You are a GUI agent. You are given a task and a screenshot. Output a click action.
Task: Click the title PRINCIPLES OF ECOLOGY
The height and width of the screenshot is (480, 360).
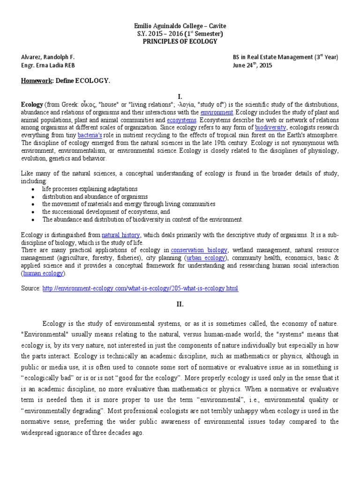click(x=180, y=41)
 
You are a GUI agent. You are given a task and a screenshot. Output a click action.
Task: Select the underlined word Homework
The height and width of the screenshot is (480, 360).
click(x=37, y=81)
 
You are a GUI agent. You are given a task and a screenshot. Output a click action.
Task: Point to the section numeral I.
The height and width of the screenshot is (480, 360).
click(x=180, y=96)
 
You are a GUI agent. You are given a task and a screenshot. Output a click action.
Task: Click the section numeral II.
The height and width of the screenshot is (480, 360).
click(x=180, y=304)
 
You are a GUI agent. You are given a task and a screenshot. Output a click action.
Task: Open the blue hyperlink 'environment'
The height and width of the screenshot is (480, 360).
click(x=217, y=112)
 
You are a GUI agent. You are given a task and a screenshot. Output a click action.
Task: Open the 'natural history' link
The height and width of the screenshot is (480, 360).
click(x=121, y=235)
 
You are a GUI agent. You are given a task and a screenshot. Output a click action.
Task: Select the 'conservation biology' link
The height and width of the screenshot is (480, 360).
click(x=199, y=250)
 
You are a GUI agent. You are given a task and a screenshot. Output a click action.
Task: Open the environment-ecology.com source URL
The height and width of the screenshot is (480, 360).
click(x=140, y=288)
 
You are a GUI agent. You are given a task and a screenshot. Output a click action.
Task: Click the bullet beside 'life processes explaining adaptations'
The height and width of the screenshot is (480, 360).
click(x=32, y=189)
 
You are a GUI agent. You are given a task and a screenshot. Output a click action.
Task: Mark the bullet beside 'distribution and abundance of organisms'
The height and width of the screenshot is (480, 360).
click(x=32, y=197)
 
